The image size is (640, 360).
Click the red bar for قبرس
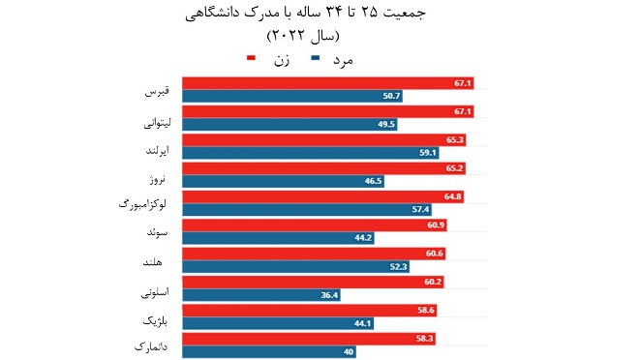[x=327, y=83]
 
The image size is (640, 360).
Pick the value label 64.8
[x=452, y=196]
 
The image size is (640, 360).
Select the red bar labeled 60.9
[x=313, y=225]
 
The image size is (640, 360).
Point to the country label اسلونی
[x=155, y=289]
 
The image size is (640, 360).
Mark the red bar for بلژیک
[x=310, y=311]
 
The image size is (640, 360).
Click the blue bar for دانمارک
[x=268, y=351]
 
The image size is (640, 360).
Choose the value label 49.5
[x=387, y=124]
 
